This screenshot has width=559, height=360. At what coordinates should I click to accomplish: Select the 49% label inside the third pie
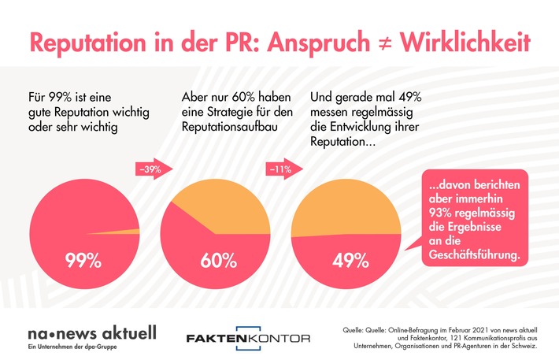coord(346,261)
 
